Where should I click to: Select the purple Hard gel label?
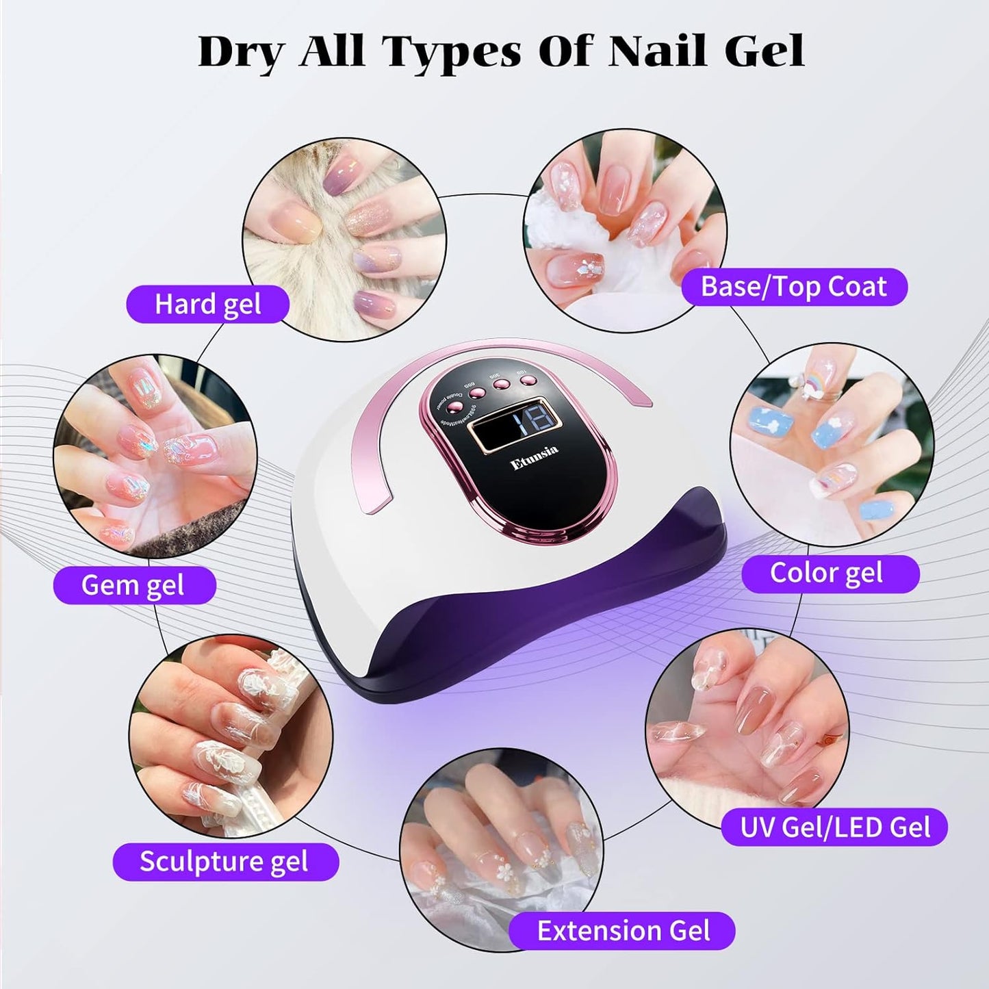[x=207, y=305]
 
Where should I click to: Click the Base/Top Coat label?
[x=793, y=287]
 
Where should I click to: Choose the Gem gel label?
[x=133, y=585]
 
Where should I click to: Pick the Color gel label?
[x=829, y=574]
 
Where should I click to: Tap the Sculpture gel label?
[x=225, y=862]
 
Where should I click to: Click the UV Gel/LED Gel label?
[x=834, y=827]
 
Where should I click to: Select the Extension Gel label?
[x=622, y=931]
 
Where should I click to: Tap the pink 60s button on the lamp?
[x=477, y=393]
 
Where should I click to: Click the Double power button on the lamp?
[x=452, y=407]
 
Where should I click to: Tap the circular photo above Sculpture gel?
[x=231, y=737]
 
